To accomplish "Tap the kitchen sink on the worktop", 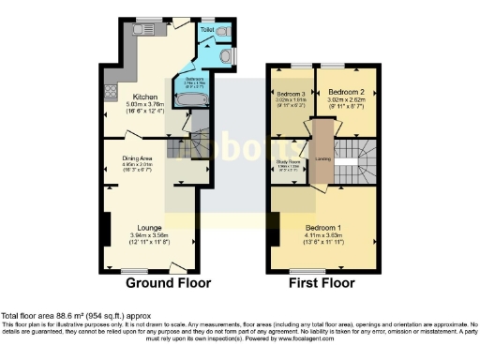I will click(140, 29).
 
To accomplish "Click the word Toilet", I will click(206, 30).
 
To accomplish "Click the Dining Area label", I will click(150, 157).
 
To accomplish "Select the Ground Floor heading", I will click(168, 282).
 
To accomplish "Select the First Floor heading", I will click(321, 282).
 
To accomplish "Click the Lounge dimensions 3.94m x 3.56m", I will click(149, 234).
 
